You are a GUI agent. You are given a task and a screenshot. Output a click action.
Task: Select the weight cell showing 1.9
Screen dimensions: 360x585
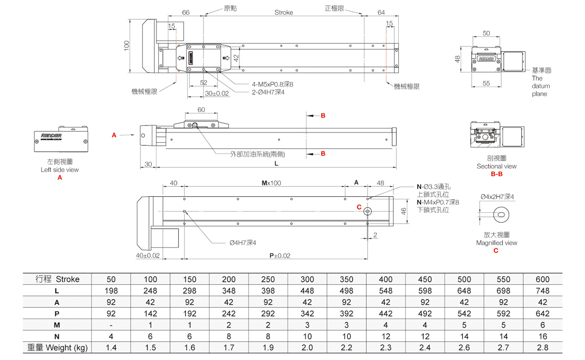point(267,347)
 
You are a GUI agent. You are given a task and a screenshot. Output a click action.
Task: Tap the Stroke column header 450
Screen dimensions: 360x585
point(425,279)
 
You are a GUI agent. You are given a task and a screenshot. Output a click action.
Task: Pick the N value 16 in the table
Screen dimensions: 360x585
point(543,336)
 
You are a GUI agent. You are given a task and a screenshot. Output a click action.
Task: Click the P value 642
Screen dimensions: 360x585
point(543,313)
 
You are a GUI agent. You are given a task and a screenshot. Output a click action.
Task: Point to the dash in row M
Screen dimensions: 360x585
point(111,325)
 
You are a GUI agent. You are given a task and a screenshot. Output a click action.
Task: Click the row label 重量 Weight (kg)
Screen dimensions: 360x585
point(57,347)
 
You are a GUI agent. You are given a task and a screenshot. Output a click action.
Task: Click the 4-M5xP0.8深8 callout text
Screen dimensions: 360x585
point(273,84)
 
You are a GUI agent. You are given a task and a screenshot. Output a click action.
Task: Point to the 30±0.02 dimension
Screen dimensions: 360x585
point(217,93)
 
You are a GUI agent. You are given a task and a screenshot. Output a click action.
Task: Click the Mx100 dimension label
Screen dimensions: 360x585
point(271,183)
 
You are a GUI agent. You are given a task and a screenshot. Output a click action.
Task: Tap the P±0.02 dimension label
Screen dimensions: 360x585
point(280,256)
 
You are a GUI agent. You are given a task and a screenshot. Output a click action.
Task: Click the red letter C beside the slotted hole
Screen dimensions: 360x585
point(359,207)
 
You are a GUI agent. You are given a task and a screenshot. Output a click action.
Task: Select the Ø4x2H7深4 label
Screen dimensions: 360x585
point(497,197)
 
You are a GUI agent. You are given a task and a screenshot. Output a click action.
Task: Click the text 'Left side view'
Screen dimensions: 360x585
point(59,170)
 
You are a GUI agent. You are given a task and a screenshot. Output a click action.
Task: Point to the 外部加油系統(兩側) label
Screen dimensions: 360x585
point(258,154)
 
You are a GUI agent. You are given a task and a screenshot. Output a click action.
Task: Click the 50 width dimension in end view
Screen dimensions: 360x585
point(486,33)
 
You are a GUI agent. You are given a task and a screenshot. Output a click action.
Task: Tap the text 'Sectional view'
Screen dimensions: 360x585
point(496,166)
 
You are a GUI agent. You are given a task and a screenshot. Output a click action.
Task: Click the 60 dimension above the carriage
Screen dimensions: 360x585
point(201,110)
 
